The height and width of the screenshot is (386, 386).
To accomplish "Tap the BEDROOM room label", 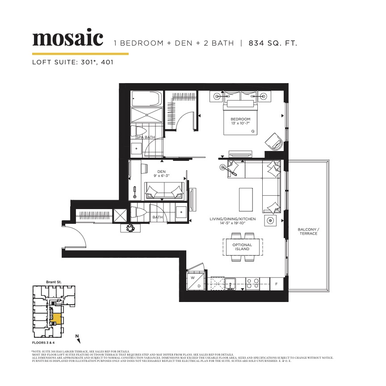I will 240,119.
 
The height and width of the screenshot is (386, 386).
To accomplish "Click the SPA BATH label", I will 145,137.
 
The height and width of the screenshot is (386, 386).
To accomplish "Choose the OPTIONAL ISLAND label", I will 242,247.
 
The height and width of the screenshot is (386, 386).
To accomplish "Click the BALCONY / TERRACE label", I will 308,231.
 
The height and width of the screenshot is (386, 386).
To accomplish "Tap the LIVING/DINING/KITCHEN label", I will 233,219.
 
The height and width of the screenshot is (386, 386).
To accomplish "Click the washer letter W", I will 193,277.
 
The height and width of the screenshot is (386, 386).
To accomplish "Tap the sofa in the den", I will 164,191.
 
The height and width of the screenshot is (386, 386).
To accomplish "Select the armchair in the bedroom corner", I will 273,141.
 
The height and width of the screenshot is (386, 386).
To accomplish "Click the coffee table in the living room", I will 245,200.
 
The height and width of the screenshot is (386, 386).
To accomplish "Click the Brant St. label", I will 54,282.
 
